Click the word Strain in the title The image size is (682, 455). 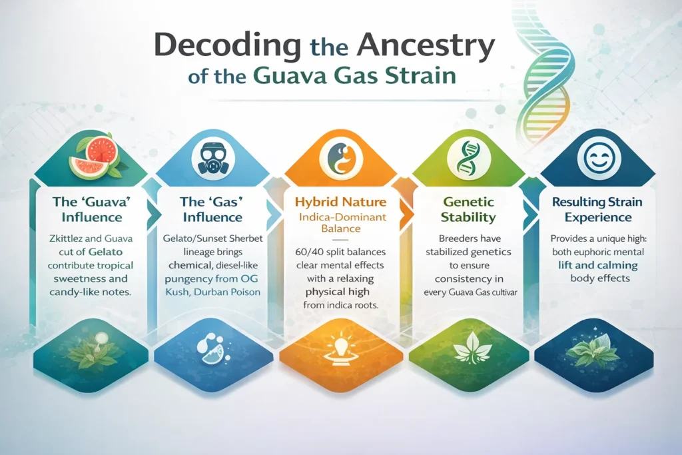pyautogui.click(x=416, y=75)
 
